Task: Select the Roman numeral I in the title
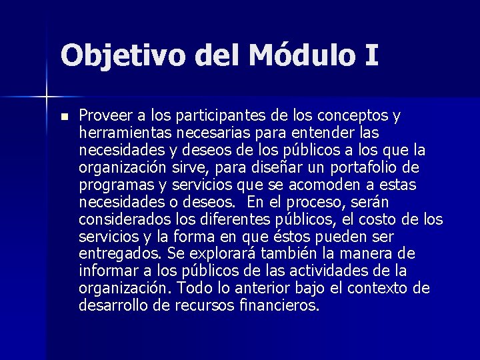coord(371,55)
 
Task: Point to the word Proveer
coord(104,115)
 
